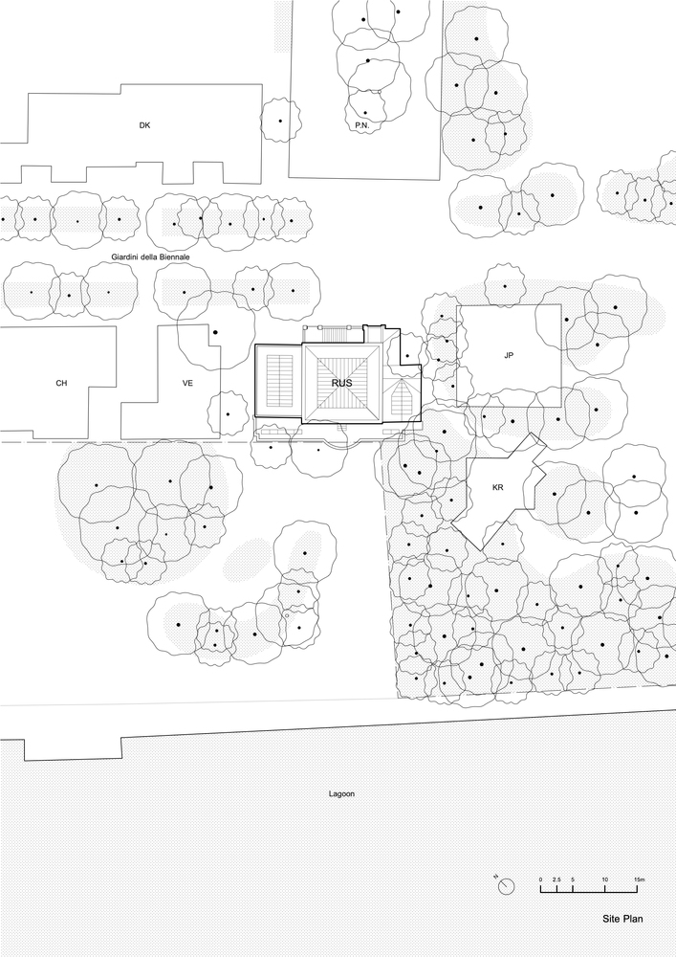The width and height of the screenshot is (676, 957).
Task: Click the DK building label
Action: click(144, 125)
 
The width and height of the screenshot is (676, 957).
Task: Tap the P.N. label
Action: click(361, 125)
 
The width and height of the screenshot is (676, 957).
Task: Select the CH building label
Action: click(61, 383)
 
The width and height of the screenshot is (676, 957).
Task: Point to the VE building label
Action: click(188, 383)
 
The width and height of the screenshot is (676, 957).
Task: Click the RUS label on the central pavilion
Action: click(341, 383)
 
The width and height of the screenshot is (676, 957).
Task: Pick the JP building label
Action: click(509, 355)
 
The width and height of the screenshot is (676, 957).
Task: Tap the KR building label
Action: click(497, 487)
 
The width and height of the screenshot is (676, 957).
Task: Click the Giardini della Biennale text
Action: click(149, 258)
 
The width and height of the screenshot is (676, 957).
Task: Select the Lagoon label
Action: click(340, 793)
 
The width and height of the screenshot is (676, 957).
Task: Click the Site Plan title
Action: click(622, 919)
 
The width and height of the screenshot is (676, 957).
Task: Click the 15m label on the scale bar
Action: click(639, 879)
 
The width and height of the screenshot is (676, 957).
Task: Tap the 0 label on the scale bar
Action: click(540, 879)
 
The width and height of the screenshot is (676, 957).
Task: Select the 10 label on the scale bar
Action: click(605, 879)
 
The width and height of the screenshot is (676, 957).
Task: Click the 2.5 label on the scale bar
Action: click(556, 879)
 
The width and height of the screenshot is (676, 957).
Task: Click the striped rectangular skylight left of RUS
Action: click(279, 382)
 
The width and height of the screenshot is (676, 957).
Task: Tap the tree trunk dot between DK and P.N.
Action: click(279, 121)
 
